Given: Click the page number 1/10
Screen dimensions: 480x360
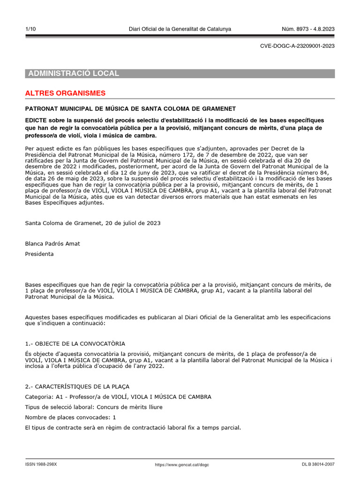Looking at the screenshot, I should pos(30,29).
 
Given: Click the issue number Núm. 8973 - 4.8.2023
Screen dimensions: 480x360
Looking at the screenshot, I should pos(308,29).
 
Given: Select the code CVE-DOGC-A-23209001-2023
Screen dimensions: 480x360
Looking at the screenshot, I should pos(297,46).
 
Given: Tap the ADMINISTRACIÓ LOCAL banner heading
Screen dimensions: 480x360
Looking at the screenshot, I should pos(74,74).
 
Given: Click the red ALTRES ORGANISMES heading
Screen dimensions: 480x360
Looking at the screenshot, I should pos(65,93).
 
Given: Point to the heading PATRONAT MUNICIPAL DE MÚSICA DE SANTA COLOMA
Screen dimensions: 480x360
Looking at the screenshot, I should pos(130,108).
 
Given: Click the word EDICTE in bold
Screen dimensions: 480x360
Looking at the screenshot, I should pos(37,120).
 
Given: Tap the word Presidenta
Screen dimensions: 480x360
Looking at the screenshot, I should pos(39,254).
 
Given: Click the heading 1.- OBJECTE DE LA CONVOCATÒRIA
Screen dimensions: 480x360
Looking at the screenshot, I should pos(75,344).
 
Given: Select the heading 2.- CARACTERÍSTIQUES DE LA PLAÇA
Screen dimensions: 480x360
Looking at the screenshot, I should pos(77,387).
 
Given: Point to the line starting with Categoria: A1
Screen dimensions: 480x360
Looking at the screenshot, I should pos(118,397).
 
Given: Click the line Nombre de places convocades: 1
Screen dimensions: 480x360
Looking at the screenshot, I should pos(70,417).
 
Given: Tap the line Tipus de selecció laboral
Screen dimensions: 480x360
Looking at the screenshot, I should pos(94,407).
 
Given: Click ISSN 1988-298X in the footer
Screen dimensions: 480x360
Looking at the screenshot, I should pos(41,465).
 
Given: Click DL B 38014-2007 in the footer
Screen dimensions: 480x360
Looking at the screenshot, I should pos(318,465).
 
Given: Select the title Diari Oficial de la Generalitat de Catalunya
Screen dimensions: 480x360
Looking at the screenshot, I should pos(180,29).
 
